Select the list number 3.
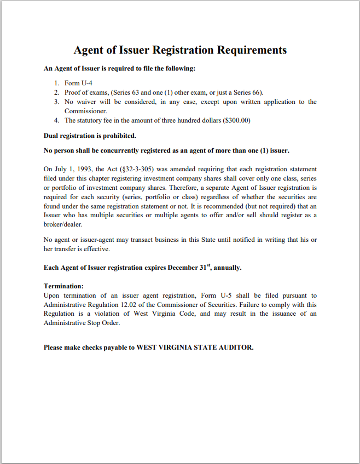[x=56, y=102]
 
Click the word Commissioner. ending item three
[x=86, y=111]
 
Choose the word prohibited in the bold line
[x=117, y=135]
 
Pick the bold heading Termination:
[x=63, y=286]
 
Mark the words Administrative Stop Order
[x=82, y=323]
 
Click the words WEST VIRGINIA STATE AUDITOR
[x=195, y=347]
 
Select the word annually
[x=227, y=268]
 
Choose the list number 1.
[x=56, y=83]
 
